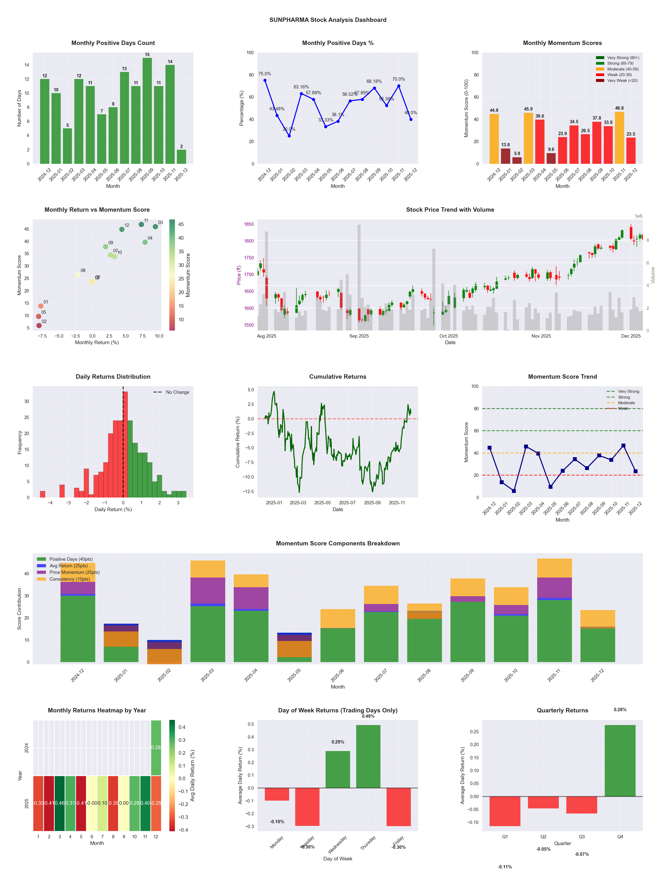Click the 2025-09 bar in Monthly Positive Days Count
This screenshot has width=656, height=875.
click(147, 111)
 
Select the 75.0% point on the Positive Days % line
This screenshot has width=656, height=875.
click(265, 80)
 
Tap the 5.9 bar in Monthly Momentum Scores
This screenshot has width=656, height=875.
click(517, 160)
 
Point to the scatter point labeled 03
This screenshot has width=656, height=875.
click(155, 227)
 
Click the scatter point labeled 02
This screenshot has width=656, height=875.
click(39, 325)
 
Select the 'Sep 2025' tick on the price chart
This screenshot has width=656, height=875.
click(359, 336)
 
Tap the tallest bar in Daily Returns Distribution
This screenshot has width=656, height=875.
click(125, 444)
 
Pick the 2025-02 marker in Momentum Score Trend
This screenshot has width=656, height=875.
click(514, 491)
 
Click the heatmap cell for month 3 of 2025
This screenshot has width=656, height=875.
click(60, 803)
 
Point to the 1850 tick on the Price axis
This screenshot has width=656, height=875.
click(249, 224)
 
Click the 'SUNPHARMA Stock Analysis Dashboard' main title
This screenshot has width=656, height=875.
click(328, 20)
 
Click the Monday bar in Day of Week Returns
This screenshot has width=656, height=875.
click(277, 794)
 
